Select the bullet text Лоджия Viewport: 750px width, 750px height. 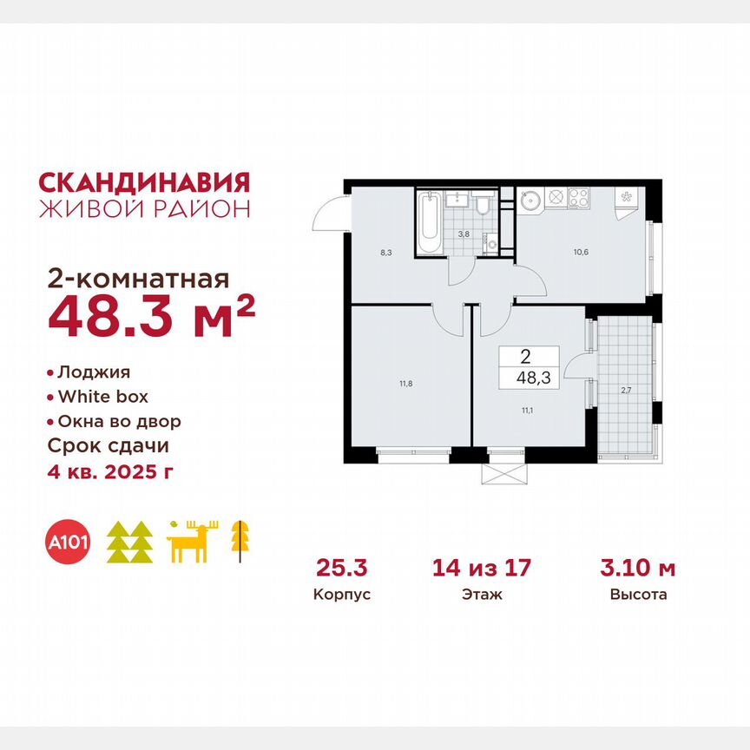(x=94, y=372)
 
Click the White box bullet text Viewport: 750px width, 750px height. (x=102, y=397)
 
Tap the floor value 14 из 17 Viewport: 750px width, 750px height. (x=482, y=569)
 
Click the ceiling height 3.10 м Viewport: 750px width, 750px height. (x=638, y=569)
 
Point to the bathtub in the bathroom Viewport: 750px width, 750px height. (x=429, y=223)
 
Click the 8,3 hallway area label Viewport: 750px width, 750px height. (x=362, y=253)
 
